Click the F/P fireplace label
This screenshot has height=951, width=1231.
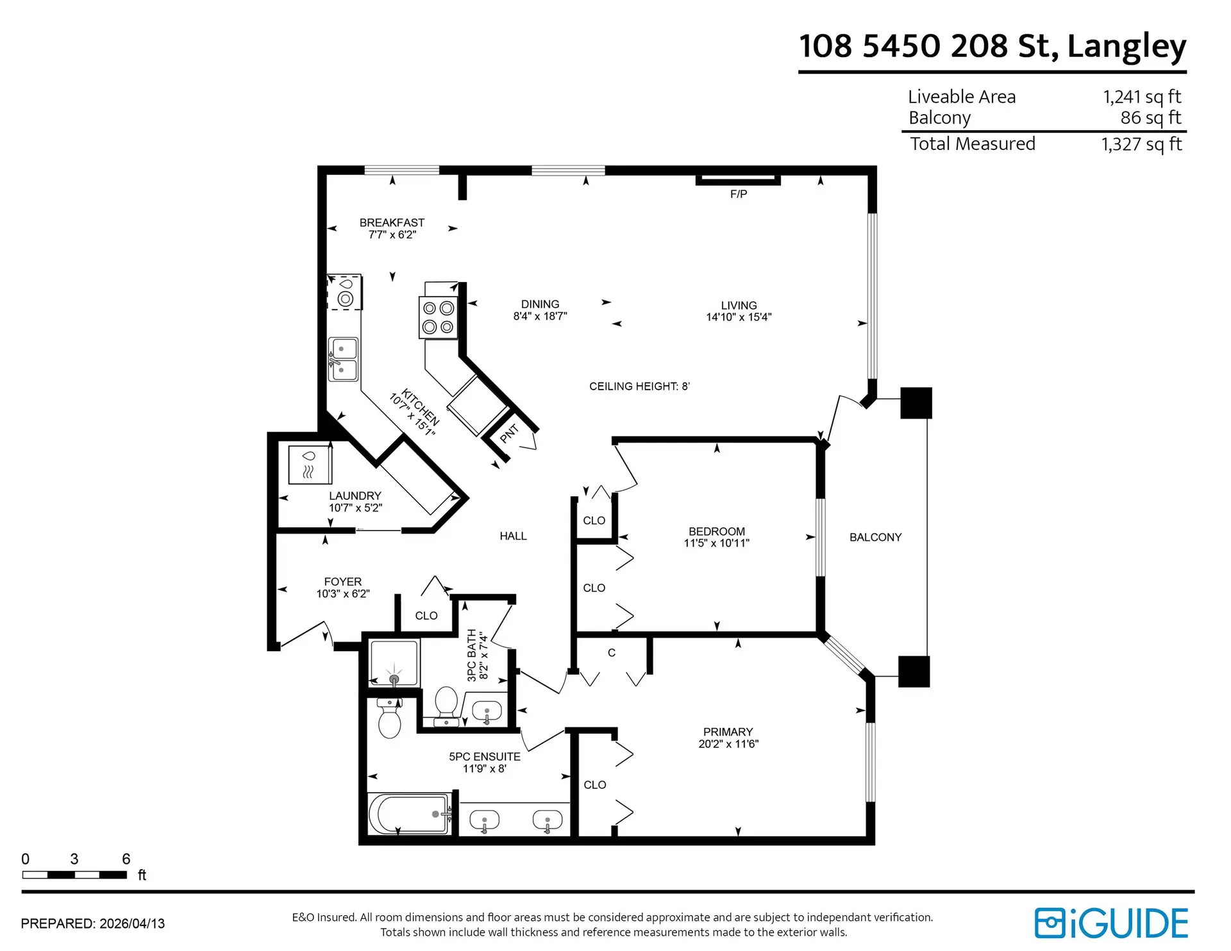click(x=738, y=194)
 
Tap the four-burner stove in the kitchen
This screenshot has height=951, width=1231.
click(x=439, y=317)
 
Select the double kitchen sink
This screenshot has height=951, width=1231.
click(x=343, y=360)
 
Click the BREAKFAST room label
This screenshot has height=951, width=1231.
click(x=392, y=222)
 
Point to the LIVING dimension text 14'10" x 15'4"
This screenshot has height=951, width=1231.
click(x=739, y=317)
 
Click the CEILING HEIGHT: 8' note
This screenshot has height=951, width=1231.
click(x=639, y=386)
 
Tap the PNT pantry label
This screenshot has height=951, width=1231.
click(x=508, y=434)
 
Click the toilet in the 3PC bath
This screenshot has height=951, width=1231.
click(x=446, y=705)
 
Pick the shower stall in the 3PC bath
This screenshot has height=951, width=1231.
click(x=394, y=663)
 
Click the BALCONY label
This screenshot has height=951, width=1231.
click(x=875, y=538)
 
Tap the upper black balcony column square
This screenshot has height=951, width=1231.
click(x=916, y=403)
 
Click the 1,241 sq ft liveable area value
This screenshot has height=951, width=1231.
click(x=1141, y=97)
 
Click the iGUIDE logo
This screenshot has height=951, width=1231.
click(x=1111, y=923)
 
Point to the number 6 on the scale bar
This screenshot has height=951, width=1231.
click(x=126, y=859)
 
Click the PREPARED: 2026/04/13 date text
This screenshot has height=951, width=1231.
click(x=93, y=923)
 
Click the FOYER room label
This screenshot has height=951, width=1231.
click(x=342, y=581)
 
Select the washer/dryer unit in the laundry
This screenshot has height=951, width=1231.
click(x=310, y=465)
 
